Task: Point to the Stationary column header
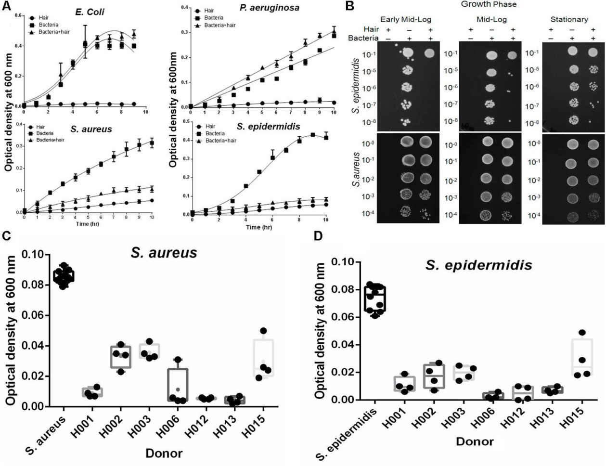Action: tap(569, 19)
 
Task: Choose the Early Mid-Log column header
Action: tap(405, 19)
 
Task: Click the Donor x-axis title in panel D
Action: tap(474, 441)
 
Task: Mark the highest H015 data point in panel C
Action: tap(263, 331)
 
